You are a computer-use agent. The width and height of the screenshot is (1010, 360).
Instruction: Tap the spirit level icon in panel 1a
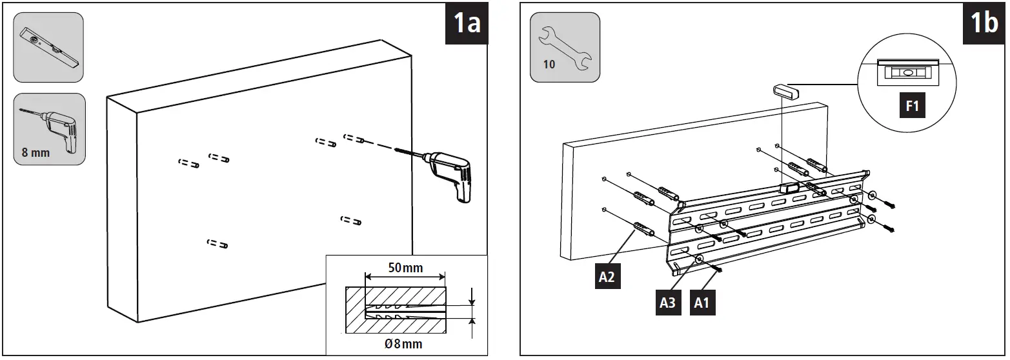coord(48,47)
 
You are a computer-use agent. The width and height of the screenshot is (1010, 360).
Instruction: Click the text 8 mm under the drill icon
coord(35,154)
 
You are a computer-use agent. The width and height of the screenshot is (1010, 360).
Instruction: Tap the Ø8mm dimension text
coord(403,344)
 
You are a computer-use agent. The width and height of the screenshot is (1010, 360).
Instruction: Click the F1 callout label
coord(912,106)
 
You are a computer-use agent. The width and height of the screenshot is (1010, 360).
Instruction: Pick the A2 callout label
coord(607,276)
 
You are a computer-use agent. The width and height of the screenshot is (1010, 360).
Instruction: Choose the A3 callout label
coord(668,301)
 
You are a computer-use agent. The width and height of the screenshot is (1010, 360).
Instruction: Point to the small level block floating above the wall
coord(785,90)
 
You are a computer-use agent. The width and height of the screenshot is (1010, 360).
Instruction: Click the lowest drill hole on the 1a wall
coord(217,244)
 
